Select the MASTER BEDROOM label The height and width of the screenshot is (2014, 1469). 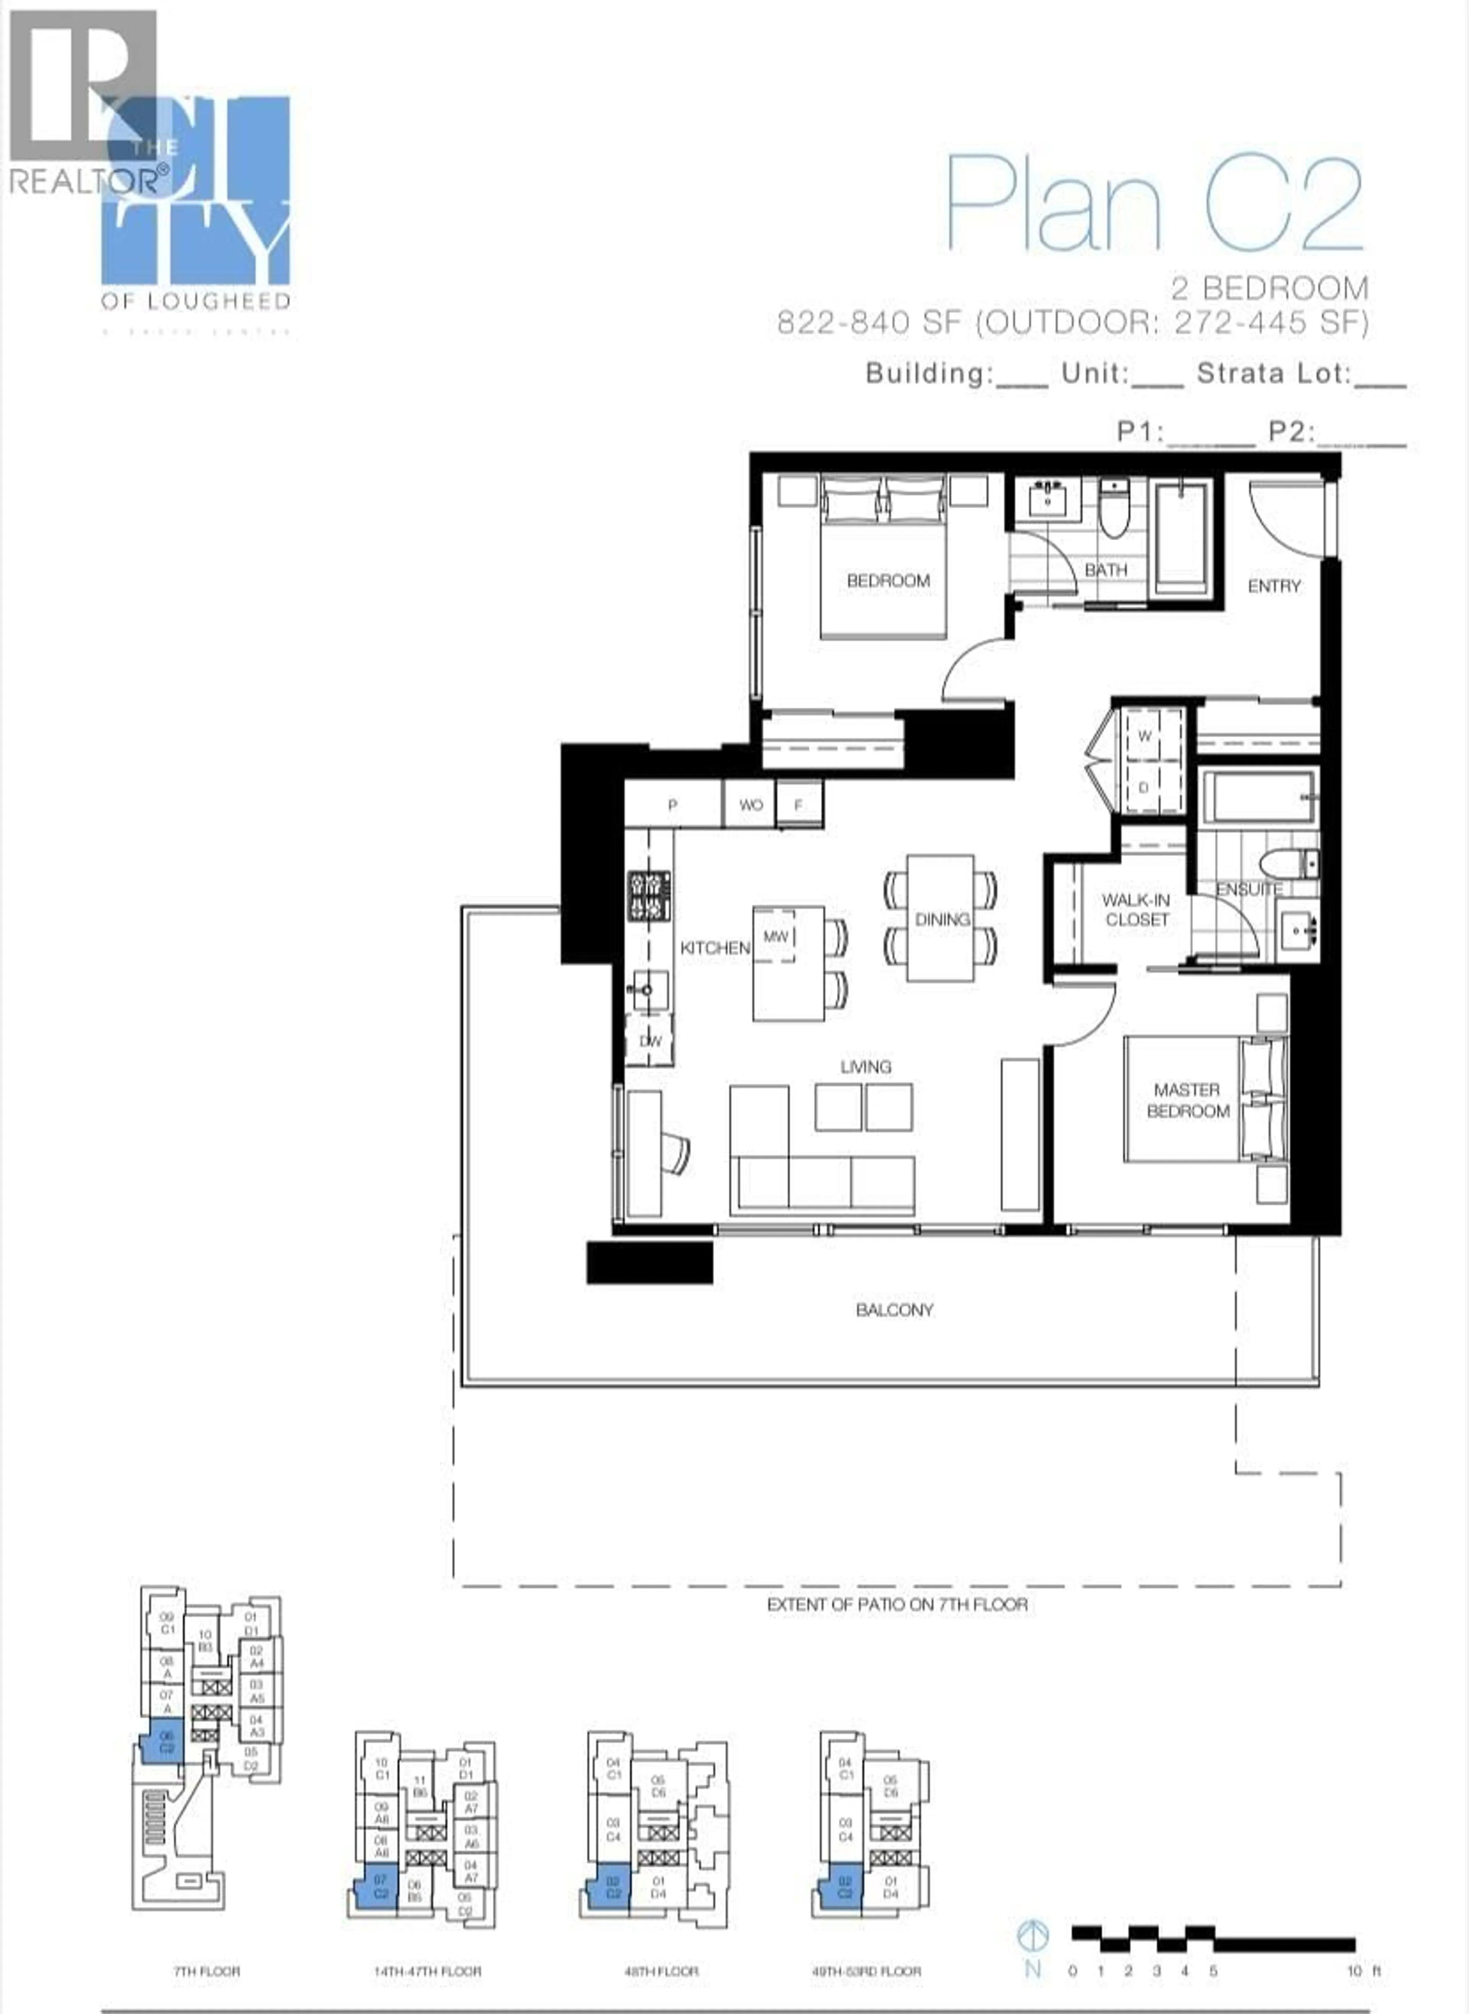tap(1187, 1100)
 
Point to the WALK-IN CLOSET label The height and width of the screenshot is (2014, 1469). tap(1137, 910)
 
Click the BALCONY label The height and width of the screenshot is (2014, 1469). tap(894, 1310)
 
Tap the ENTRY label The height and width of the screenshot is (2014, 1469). tap(1274, 586)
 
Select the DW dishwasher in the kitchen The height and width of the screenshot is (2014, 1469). tap(650, 1040)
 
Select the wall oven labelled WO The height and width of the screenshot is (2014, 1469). tap(751, 805)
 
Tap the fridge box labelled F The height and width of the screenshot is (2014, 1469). tap(798, 805)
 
